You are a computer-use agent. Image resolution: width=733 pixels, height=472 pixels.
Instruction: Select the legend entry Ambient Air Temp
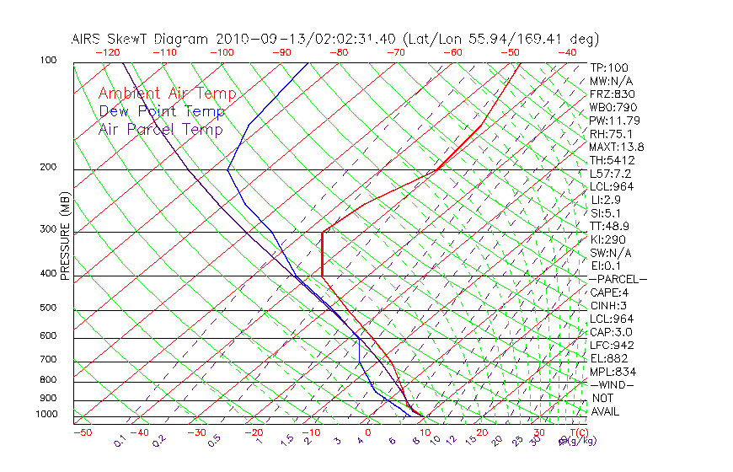click(x=167, y=94)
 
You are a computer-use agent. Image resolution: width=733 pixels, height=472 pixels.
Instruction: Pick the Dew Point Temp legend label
click(x=162, y=111)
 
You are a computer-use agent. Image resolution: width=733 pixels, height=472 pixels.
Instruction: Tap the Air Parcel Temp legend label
click(x=160, y=129)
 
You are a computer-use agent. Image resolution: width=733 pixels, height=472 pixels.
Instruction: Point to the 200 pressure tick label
click(x=49, y=167)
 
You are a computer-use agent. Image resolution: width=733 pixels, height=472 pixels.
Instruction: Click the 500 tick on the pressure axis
click(x=49, y=308)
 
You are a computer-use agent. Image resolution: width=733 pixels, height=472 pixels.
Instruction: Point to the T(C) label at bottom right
click(x=577, y=432)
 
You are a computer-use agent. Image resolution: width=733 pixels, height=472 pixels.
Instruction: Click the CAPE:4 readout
click(x=608, y=292)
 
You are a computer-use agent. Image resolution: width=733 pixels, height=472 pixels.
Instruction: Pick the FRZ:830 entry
click(x=609, y=94)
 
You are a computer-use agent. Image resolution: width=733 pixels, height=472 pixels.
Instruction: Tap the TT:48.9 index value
click(x=609, y=226)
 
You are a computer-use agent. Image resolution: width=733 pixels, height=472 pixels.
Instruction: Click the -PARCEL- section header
click(x=618, y=279)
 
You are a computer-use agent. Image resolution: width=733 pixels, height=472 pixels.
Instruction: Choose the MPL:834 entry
click(x=610, y=371)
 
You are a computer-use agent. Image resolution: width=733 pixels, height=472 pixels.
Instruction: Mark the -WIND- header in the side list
click(x=612, y=384)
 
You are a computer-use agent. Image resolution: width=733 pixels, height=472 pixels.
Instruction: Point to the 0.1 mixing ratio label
click(x=120, y=440)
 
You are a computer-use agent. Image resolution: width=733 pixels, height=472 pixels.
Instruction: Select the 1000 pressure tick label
click(x=46, y=414)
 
